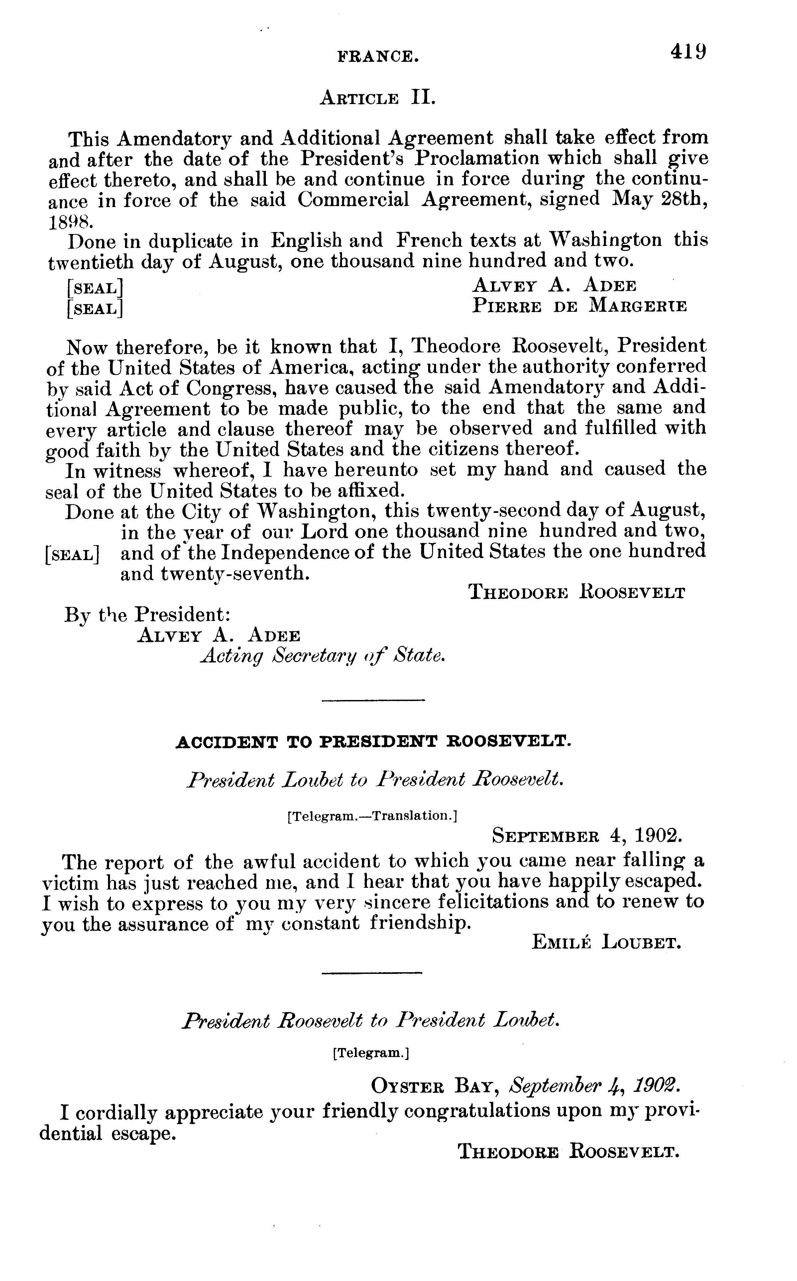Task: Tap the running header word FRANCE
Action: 378,57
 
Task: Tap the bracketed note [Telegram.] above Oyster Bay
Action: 371,1053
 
